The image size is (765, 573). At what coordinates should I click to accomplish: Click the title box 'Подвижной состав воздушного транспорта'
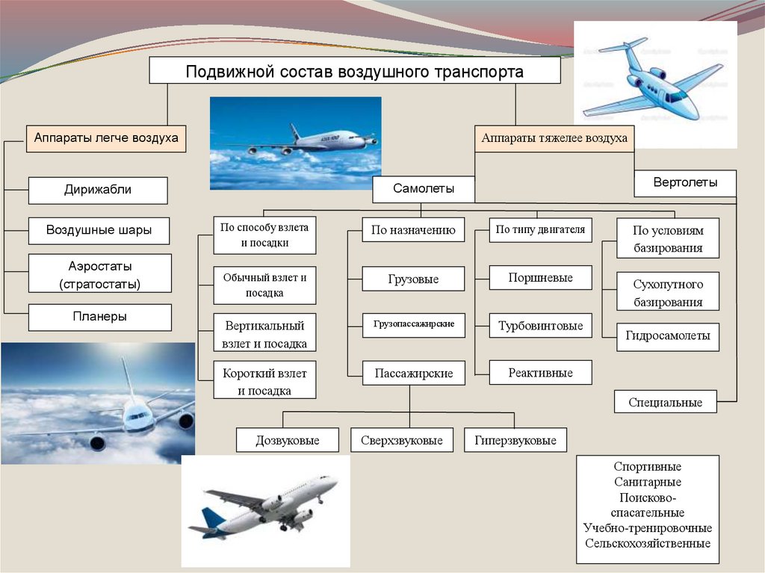(355, 71)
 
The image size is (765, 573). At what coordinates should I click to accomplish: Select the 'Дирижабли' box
(98, 190)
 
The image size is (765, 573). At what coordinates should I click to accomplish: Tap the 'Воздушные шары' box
(99, 230)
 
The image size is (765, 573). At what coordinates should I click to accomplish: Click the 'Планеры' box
(99, 317)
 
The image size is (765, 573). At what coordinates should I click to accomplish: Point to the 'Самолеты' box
(424, 189)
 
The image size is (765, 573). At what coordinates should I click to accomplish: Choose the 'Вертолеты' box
(684, 183)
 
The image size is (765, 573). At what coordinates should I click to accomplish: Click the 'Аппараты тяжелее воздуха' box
(554, 139)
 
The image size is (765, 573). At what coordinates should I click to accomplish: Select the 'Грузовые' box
(413, 279)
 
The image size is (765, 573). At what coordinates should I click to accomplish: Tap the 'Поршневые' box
(540, 278)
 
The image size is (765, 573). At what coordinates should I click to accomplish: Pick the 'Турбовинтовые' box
(540, 326)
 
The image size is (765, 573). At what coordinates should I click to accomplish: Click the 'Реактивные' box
(540, 372)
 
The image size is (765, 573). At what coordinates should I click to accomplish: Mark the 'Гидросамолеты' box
(667, 336)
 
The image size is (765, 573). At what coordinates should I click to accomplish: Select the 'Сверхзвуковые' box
(402, 440)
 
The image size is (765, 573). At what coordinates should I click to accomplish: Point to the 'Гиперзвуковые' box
(515, 440)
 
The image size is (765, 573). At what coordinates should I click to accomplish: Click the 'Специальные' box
(665, 402)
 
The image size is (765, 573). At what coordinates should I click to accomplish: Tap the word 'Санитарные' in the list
(648, 483)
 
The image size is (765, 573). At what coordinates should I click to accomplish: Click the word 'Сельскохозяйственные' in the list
(648, 544)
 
